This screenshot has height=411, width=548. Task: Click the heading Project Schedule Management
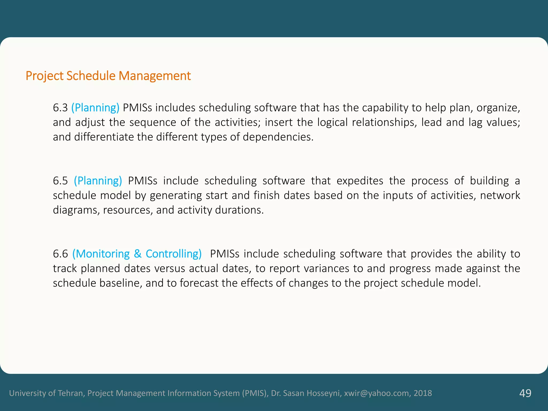(108, 76)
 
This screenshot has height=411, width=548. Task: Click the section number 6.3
(60, 108)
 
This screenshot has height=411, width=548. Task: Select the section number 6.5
(60, 181)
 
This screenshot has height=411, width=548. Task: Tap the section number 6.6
(60, 254)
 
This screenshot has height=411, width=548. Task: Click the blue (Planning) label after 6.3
(95, 108)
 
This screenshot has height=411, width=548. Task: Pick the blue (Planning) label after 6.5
(98, 181)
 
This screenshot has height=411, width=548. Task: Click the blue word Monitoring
(101, 254)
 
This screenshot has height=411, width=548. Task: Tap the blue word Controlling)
(174, 254)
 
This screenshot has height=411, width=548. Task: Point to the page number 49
(525, 393)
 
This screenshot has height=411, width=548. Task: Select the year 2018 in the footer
(423, 393)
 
